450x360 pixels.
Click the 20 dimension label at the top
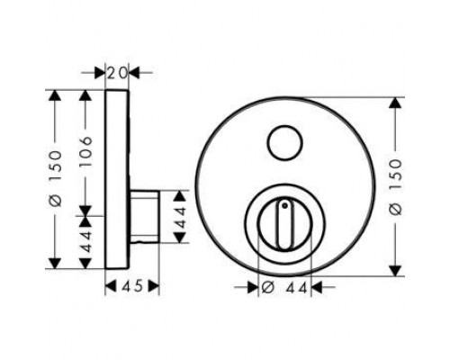pos(117,73)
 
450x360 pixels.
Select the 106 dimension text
pos(86,151)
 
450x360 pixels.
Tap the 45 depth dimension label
pos(132,286)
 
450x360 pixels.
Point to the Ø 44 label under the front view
pos(284,288)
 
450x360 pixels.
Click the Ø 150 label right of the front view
pos(396,187)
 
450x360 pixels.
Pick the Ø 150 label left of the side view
pos(56,179)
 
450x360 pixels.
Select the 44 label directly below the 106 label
pos(85,242)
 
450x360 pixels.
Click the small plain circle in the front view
pos(285,143)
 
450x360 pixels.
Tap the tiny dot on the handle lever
pos(284,206)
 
